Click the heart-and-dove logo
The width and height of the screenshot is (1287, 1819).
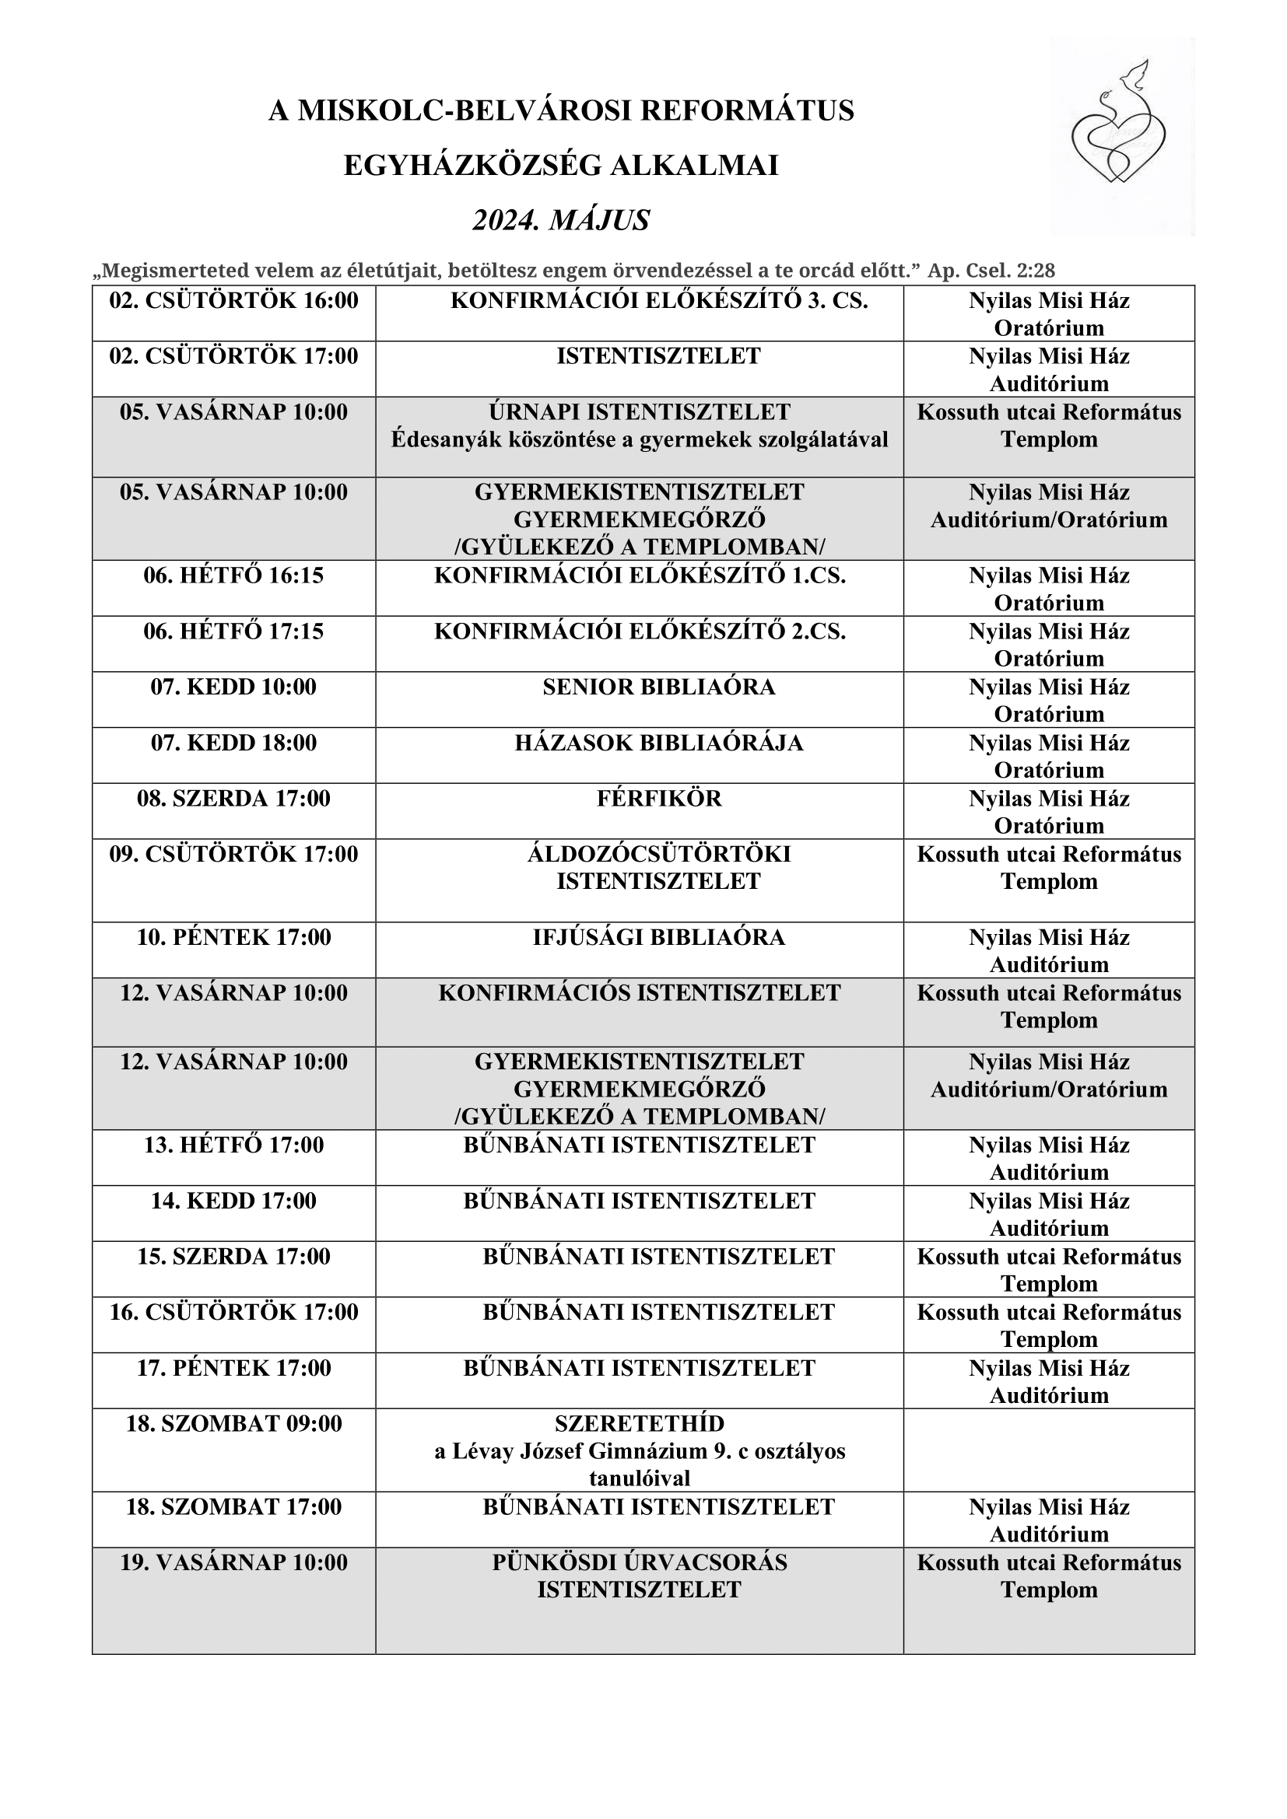[1118, 135]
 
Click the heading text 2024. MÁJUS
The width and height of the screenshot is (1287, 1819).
[561, 220]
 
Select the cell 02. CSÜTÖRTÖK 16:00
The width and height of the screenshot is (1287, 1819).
[233, 301]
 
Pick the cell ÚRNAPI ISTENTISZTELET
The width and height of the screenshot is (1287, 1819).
[639, 413]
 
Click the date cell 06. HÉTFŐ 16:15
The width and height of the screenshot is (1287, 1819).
[233, 575]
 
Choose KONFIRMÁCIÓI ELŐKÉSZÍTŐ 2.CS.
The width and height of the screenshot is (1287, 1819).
[640, 631]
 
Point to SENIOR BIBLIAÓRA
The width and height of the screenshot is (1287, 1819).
[658, 687]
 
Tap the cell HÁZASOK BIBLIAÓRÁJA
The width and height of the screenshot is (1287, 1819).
[658, 743]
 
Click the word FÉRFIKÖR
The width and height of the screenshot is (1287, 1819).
[658, 799]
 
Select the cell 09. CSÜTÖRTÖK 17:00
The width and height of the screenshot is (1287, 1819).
[233, 854]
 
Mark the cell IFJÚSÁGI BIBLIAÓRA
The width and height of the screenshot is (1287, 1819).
[658, 938]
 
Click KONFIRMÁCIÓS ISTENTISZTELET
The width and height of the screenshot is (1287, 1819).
[639, 993]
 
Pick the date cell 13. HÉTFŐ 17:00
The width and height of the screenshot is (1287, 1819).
[233, 1146]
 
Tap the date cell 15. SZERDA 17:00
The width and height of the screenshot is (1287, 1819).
[233, 1257]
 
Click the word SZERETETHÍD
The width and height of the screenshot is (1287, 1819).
[639, 1424]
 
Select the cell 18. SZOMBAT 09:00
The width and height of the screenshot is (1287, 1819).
[233, 1424]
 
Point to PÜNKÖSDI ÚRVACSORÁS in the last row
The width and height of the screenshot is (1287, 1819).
[639, 1563]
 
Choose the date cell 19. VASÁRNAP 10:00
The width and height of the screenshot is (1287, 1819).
[233, 1563]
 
